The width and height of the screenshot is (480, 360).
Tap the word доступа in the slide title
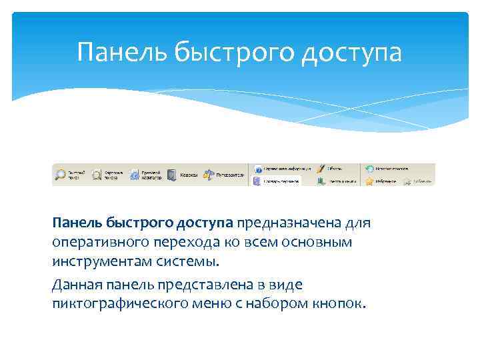point(351,53)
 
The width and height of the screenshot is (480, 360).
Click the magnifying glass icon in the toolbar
point(61,175)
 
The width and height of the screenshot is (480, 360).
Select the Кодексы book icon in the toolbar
point(172,175)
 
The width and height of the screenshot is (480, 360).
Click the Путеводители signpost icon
point(209,175)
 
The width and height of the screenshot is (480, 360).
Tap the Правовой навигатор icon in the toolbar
point(135,175)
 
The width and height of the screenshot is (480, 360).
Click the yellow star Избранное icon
point(368,181)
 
